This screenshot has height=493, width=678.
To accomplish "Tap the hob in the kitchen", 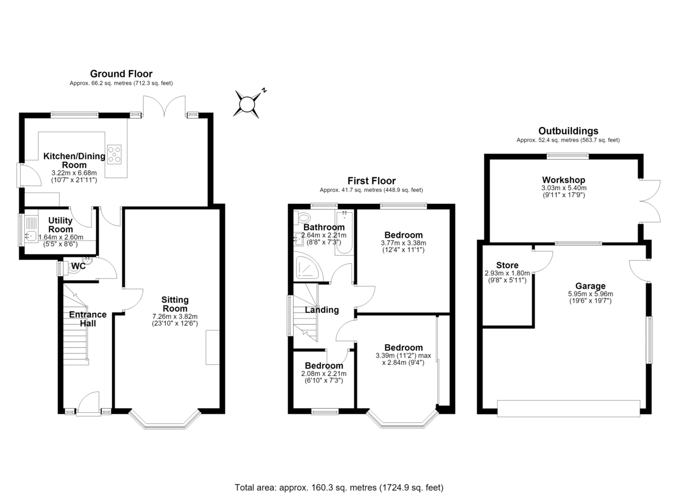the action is pyautogui.click(x=114, y=154).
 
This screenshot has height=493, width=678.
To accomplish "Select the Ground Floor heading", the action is pyautogui.click(x=121, y=74).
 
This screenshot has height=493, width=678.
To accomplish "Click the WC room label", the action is pyautogui.click(x=79, y=266).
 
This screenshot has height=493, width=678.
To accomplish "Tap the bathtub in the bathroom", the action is pyautogui.click(x=344, y=233).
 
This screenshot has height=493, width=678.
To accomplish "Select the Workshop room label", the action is pyautogui.click(x=564, y=180).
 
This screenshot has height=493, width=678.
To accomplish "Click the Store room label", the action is pyautogui.click(x=507, y=265).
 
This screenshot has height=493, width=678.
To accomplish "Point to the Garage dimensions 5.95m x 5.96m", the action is pyautogui.click(x=590, y=294).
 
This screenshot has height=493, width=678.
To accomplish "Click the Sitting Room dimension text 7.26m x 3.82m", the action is pyautogui.click(x=175, y=316).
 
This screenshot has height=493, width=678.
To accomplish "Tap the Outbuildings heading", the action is pyautogui.click(x=568, y=131).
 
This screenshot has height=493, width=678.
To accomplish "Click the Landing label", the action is pyautogui.click(x=321, y=309).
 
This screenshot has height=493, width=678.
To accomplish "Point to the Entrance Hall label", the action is pyautogui.click(x=88, y=319).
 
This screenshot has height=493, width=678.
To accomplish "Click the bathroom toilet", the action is pyautogui.click(x=302, y=218).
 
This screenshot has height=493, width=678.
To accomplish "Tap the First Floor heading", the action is pyautogui.click(x=371, y=181).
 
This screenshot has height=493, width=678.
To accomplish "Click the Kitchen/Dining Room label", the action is pyautogui.click(x=74, y=160).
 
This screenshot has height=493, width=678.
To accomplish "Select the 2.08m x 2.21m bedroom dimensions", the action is pyautogui.click(x=324, y=373).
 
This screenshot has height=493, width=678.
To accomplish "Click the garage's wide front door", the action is pyautogui.click(x=568, y=409).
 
